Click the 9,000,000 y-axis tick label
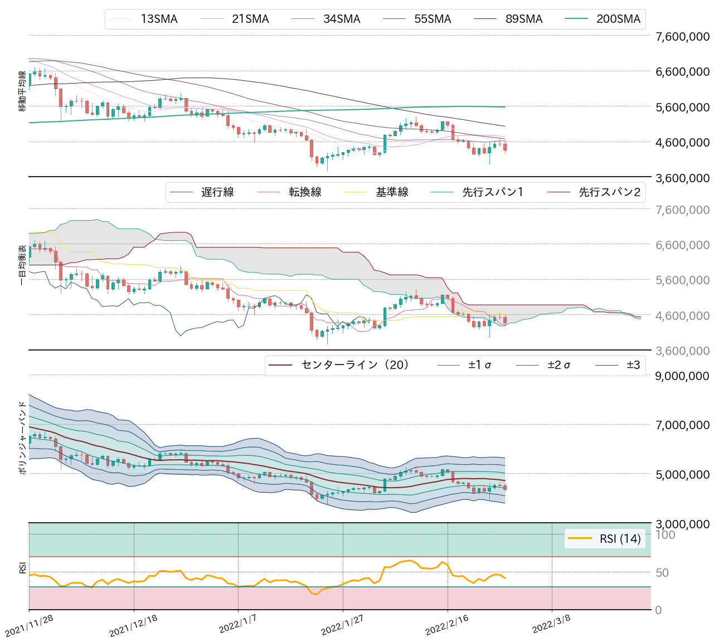pos(682,376)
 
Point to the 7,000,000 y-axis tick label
pos(682,425)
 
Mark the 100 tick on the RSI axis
pos(665,535)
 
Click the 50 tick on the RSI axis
pos(665,573)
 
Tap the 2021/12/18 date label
pos(133,627)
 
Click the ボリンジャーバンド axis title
pos(22,437)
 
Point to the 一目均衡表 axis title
pos(22,265)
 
